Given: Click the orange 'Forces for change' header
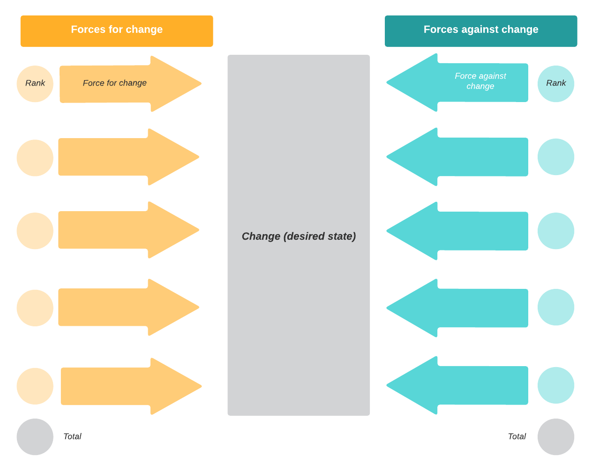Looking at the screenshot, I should pos(117,31).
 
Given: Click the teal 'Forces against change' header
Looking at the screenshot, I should pos(481,31).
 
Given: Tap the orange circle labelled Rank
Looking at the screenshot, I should pos(35,84).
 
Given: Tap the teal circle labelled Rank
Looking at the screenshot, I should pos(556,84).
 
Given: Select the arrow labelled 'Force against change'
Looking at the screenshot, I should pos(469,82).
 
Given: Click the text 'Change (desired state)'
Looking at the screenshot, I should pos(299,236).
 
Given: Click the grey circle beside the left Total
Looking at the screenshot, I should pos(35,436).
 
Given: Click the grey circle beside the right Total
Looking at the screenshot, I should pos(556,436).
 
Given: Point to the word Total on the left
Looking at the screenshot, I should pos(72,436).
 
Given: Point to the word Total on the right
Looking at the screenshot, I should pos(517,436).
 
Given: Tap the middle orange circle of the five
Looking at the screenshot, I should pos(35,231).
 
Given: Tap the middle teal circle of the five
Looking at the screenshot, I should pos(556,231).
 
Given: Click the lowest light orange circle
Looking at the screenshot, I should pos(35,386).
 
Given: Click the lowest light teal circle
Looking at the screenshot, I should pos(556,385).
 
